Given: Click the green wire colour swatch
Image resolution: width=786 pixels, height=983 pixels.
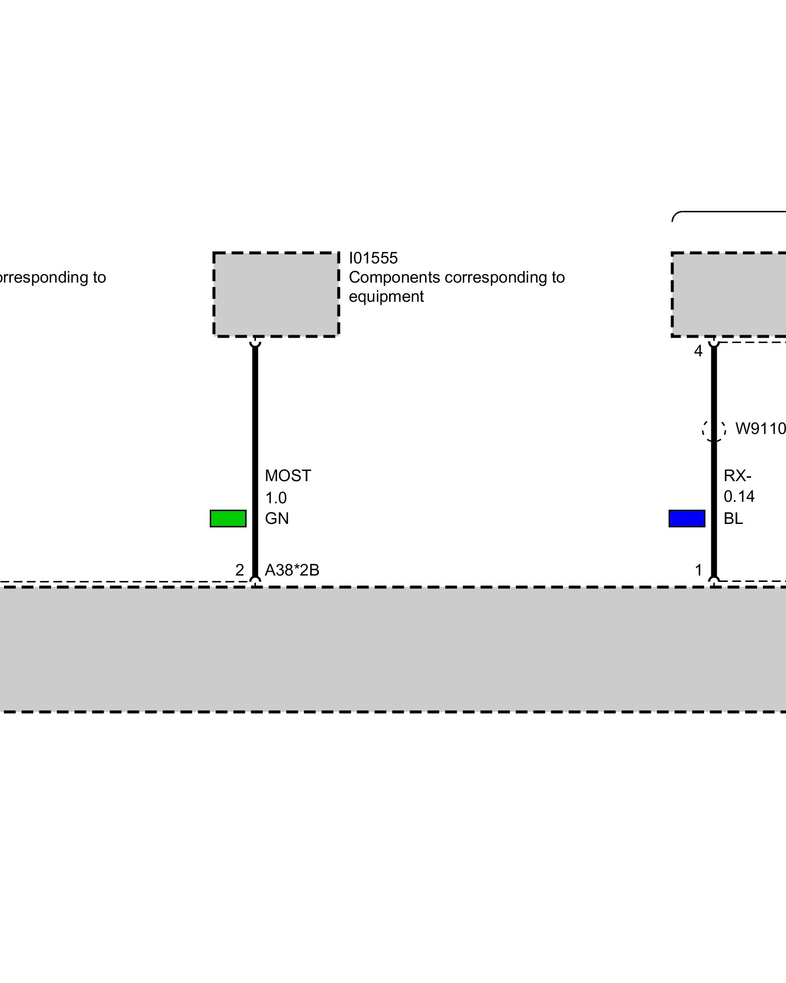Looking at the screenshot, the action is coord(228,519).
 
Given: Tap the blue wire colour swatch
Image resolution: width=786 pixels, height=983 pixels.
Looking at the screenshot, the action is coord(687,519).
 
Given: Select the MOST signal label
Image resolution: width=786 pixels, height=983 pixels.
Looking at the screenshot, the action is coord(288,476).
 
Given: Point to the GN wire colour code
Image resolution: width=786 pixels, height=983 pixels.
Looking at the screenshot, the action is coord(277,519).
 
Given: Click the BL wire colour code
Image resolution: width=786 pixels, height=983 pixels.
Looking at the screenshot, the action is coord(733,519).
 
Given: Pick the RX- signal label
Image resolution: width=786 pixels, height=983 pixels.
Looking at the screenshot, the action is coord(737,476).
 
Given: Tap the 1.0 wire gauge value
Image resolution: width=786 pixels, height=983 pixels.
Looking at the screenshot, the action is coord(276,498).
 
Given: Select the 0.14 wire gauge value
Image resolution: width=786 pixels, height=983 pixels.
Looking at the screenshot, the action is coord(739,496).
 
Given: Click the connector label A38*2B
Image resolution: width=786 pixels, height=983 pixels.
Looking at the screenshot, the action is coord(292,570).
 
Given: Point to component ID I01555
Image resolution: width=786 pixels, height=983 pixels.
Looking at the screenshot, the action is coord(373,258).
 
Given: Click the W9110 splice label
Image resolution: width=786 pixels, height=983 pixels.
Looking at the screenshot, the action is coord(760,429).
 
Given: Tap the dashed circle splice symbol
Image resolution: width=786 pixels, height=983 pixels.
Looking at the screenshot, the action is coord(714,429).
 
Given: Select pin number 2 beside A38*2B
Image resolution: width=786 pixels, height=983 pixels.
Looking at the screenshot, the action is coord(240,570).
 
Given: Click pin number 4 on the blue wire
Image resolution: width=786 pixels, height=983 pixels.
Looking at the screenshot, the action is coord(698,351).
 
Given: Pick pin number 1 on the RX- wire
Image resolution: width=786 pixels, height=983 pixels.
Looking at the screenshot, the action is coord(699,570).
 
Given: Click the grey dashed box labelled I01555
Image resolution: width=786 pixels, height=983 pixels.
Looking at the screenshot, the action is coord(276,294).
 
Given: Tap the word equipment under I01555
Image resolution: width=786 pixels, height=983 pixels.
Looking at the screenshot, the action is coord(386,297).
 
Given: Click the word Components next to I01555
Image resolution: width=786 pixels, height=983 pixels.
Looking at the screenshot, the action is coord(394,278).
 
